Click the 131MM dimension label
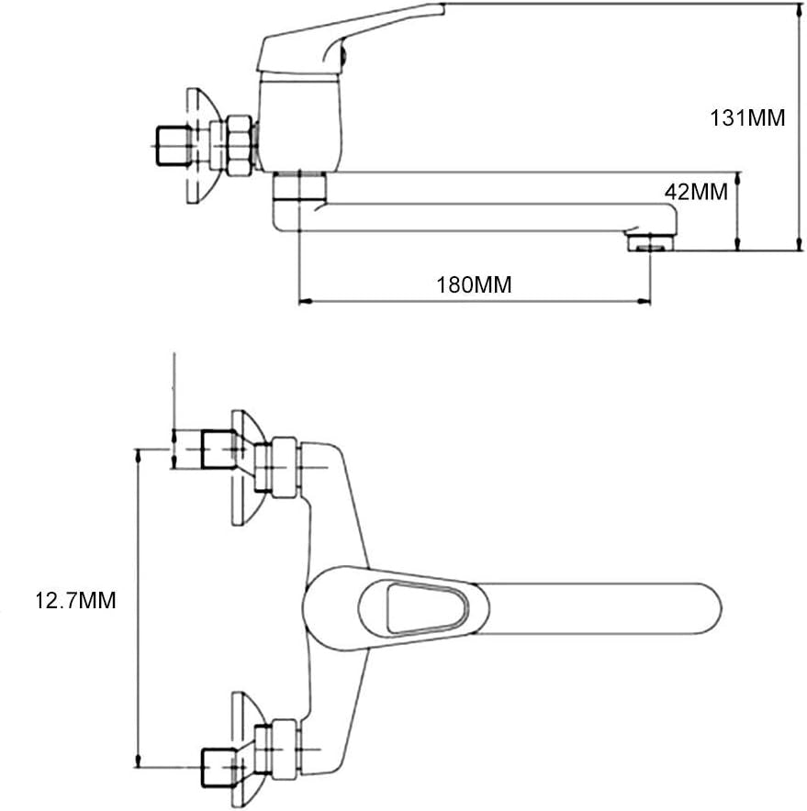point(747,118)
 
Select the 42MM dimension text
point(695,193)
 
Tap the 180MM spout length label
point(474,284)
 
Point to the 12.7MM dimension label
point(76,601)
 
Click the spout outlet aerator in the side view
point(649,242)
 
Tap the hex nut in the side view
point(241,145)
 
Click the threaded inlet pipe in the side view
point(170,145)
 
